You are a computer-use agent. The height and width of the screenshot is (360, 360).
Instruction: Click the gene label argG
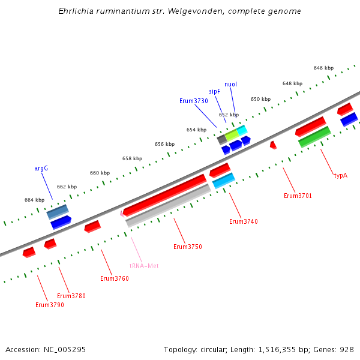41,169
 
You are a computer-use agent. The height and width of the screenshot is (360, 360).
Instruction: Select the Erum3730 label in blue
193,101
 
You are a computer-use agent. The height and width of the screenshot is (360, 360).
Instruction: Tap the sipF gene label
214,91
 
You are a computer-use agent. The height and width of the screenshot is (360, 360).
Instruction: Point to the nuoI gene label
230,84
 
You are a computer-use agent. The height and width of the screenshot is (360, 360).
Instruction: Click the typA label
341,176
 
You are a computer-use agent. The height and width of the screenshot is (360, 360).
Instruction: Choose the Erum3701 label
298,196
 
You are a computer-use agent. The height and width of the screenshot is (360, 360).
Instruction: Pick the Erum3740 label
243,221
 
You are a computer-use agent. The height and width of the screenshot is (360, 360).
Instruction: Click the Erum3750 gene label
187,247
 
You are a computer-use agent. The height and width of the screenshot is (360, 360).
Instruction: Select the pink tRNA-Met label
144,266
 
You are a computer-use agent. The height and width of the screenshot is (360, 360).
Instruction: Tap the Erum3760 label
114,278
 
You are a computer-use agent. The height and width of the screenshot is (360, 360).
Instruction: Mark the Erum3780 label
71,296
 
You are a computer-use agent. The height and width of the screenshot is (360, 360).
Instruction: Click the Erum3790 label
49,305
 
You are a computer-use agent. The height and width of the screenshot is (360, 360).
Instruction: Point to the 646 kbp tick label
323,68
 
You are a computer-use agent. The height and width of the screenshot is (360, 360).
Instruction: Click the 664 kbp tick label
34,200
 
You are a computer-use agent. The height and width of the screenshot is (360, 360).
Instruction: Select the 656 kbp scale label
164,144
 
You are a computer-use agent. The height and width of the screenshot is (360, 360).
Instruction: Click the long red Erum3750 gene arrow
165,194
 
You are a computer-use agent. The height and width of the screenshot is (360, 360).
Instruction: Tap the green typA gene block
314,137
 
